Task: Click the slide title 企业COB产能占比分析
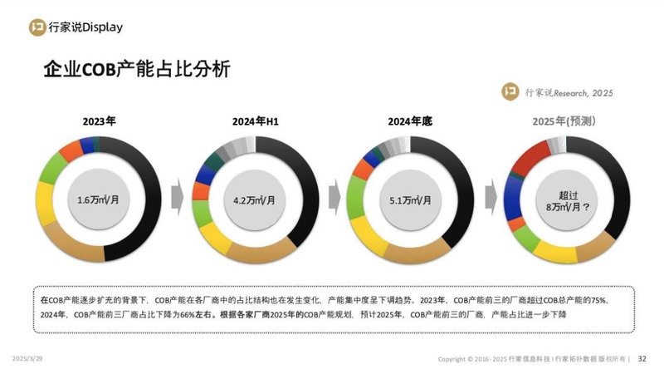pos(136,70)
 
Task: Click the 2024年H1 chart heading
pos(255,121)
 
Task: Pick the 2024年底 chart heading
pos(410,121)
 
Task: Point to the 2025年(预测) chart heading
pos(568,121)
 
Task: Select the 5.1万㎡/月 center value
pos(411,199)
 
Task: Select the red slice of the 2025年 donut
pos(531,154)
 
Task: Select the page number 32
pos(642,359)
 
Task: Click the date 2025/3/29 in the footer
pos(29,358)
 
